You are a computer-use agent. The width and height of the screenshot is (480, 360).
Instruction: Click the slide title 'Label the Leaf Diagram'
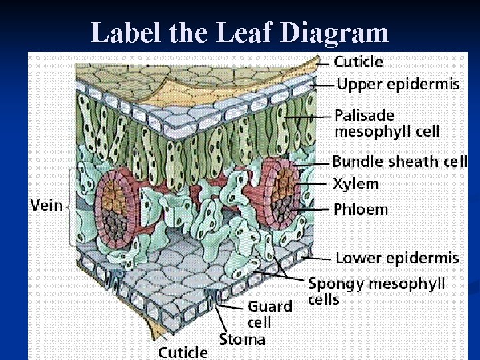point(239,32)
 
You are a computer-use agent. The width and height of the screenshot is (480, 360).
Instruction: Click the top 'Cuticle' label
point(358,62)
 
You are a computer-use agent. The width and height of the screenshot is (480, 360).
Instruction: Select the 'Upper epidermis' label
point(398,84)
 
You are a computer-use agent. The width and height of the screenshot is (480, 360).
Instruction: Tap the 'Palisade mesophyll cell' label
point(387,123)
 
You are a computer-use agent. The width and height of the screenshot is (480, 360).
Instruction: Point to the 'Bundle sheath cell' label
point(399,161)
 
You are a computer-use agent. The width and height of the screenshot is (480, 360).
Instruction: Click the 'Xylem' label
point(355,184)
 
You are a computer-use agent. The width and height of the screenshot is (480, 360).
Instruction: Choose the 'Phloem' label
point(360,209)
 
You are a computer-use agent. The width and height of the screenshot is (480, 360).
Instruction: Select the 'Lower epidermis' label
point(397,257)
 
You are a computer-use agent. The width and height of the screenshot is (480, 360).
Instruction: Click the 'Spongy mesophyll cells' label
point(376,291)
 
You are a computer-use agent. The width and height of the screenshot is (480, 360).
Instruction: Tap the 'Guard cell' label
point(270,314)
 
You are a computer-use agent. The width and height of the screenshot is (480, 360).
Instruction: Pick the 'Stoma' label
point(243,339)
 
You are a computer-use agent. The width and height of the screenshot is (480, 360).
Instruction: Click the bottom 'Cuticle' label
point(183,351)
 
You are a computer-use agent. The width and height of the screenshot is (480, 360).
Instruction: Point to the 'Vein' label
point(45,205)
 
